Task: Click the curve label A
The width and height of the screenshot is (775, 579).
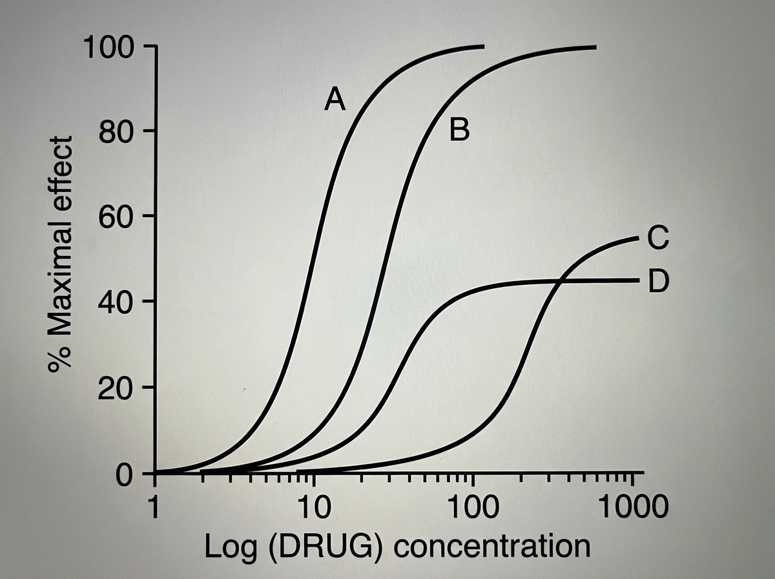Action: point(335,100)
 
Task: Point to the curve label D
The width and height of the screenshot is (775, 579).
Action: point(657,282)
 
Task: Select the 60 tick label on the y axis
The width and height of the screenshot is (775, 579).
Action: point(117,216)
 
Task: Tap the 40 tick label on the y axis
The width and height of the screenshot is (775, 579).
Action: point(117,302)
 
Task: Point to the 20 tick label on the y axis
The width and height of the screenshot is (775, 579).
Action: point(117,388)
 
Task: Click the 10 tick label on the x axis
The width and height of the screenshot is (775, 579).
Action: point(314,507)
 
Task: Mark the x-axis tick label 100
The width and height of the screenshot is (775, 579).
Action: point(473,507)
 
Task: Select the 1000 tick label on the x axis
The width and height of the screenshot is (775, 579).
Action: point(631,507)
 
